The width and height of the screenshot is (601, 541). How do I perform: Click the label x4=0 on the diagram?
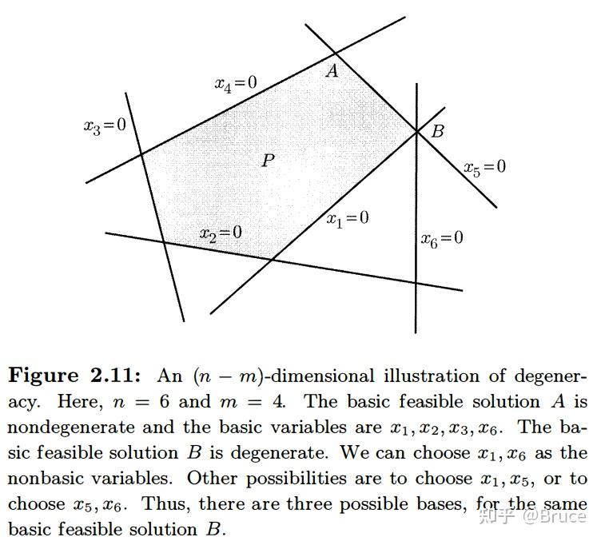[x=236, y=84]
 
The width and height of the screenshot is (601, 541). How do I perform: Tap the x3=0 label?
[x=105, y=126]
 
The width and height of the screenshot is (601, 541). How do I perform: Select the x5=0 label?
[x=485, y=168]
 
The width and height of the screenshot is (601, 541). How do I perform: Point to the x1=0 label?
[x=348, y=219]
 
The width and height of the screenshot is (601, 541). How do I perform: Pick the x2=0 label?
[x=221, y=233]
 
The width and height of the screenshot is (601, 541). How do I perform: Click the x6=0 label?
[x=442, y=239]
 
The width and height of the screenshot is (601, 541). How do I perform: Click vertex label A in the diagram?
[x=332, y=71]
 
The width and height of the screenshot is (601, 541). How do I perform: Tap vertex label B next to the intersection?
[x=438, y=131]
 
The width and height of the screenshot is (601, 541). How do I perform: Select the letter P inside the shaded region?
[x=269, y=160]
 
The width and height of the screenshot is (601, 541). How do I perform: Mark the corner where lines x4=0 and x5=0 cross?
[x=336, y=53]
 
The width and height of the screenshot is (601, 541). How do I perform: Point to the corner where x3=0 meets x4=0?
[x=141, y=153]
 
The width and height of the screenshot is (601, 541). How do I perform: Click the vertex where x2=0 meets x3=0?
[x=164, y=242]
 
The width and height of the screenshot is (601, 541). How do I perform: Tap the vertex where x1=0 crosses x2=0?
[x=273, y=261]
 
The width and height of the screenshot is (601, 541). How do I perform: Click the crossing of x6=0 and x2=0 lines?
[x=416, y=283]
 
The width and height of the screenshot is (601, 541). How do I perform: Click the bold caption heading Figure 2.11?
[x=75, y=376]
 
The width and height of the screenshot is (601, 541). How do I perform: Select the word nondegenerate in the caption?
[x=71, y=428]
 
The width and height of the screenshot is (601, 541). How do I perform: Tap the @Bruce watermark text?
[x=555, y=516]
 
